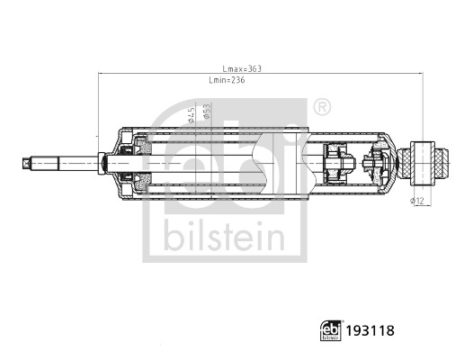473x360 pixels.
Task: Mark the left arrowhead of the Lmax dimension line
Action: coord(101,74)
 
